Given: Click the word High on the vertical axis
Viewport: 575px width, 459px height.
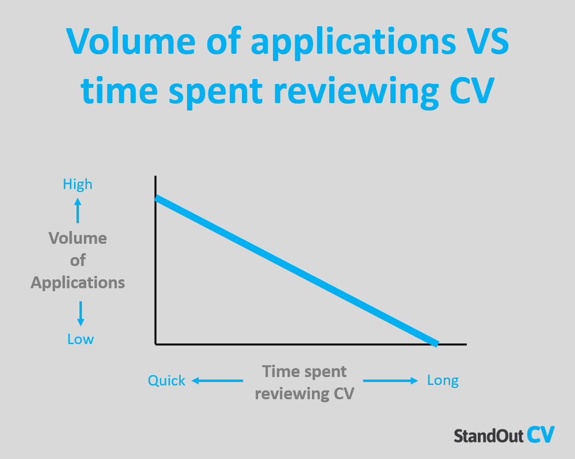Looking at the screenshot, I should coord(77,185).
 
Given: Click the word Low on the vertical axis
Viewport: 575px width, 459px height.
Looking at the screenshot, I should coord(80,340).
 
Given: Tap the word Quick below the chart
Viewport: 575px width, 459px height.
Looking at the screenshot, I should coord(167,381).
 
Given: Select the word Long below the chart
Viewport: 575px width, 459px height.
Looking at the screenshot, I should coord(443,381).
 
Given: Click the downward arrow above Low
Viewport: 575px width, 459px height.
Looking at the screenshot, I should coord(80,313).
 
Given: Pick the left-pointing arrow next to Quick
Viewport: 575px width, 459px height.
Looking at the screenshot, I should coord(217,381).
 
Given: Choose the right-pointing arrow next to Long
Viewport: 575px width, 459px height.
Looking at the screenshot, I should coord(390,381).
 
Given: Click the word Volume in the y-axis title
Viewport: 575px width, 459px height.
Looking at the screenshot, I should coord(77,238).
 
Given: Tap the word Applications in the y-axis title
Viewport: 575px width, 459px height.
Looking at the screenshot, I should coord(77,283).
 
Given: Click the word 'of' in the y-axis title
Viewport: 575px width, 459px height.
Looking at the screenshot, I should coord(77,260).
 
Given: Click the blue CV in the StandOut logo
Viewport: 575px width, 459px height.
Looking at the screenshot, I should coord(540,435).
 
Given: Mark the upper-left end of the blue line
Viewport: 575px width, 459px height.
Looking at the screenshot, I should coord(157,198).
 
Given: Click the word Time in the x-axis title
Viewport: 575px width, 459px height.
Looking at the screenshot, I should coord(278,371).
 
